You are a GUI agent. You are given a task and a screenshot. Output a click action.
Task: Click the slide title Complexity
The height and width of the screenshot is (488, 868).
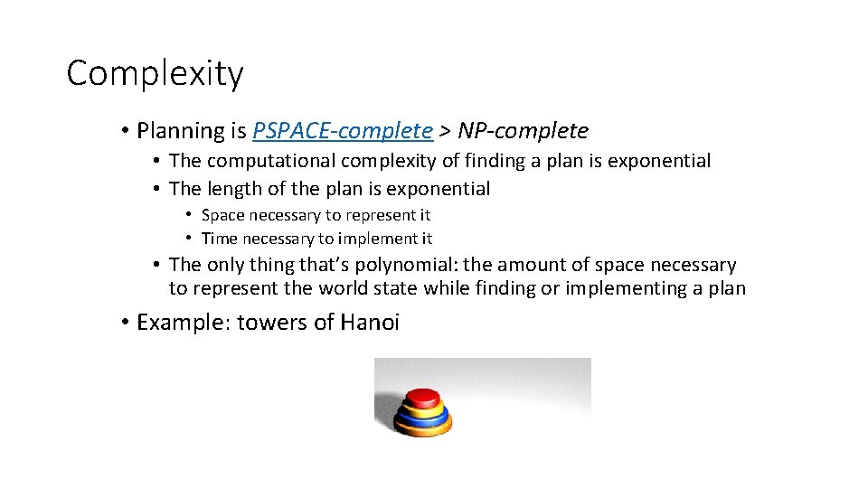coord(155,73)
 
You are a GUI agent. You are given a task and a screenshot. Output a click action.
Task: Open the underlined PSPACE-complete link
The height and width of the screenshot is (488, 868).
coord(343,131)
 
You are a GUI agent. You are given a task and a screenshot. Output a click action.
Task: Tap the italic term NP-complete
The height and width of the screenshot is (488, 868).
coord(523,131)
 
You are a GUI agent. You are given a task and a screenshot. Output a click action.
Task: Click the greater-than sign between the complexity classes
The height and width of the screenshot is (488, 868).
coord(445,132)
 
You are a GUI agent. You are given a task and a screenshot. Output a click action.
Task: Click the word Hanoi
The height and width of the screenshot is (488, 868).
coord(369,323)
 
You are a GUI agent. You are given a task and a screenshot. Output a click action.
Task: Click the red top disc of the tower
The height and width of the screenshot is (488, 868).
coord(421,397)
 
